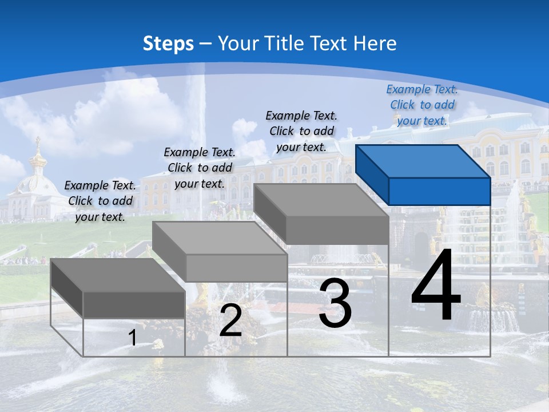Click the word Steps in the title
(x=168, y=43)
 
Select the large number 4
(x=436, y=286)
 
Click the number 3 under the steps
(x=335, y=303)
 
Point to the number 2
(x=230, y=320)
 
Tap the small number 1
(x=132, y=338)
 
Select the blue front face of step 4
(x=439, y=191)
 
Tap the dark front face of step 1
(x=134, y=304)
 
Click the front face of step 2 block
(x=236, y=268)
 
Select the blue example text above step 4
(x=422, y=105)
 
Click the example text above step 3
(x=301, y=131)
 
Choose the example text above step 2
(x=200, y=168)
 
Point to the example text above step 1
(x=100, y=201)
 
